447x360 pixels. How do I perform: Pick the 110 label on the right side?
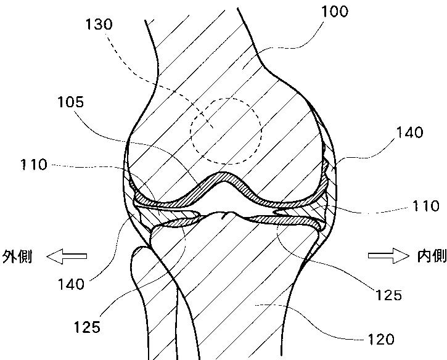pos(425,206)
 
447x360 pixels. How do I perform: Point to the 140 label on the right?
pos(410,132)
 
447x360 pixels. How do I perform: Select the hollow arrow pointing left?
pos(67,256)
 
